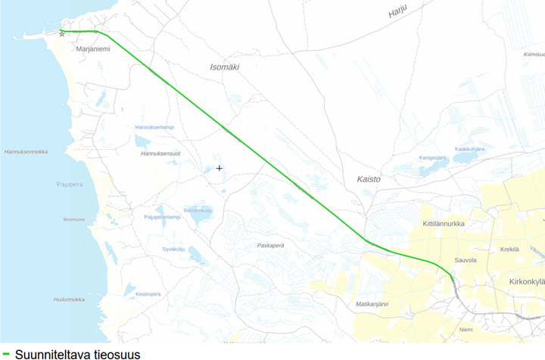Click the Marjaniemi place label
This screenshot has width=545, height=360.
pos(94,49)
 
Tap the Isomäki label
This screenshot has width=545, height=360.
pos(224,67)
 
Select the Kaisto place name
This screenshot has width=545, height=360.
pos(369,179)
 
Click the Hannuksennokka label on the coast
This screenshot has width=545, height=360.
pos(26,151)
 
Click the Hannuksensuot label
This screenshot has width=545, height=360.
pos(160,154)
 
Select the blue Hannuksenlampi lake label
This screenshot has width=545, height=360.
pos(154,127)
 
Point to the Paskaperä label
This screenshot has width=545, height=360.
pos(276,245)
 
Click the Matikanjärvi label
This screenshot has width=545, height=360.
pos(372,304)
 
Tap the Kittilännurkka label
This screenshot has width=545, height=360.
pos(444,224)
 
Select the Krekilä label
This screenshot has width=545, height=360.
pos(509,249)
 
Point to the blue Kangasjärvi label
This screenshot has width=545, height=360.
pos(433,157)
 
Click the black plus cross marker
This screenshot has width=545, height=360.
pos(220,168)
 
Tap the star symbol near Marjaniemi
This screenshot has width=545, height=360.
pos(62,34)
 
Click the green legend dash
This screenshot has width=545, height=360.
pos(6,352)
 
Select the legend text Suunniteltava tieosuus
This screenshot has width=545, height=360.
pos(77,353)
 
